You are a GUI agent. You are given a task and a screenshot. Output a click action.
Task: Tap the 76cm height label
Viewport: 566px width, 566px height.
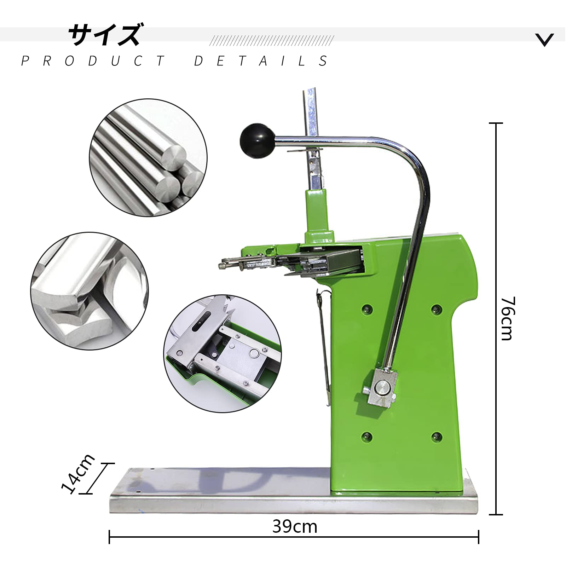click(507, 318)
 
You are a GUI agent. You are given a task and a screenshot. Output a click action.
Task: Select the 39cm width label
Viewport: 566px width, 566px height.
click(295, 527)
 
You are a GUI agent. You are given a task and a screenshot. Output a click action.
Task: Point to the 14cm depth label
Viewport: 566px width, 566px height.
click(78, 473)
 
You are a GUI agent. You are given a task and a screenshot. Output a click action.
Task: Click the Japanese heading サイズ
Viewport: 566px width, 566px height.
click(104, 34)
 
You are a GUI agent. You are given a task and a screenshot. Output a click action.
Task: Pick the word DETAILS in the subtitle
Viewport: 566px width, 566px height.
click(261, 61)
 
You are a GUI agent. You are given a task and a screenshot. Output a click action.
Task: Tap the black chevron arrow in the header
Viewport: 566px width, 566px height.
click(544, 40)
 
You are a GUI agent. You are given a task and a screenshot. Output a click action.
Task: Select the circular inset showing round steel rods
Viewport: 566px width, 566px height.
click(148, 158)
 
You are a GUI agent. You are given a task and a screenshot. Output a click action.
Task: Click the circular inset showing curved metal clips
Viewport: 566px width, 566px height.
click(89, 291)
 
